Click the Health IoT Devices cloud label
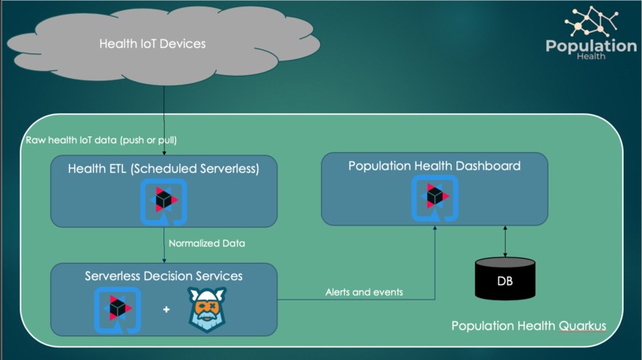[152, 44]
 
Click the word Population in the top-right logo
[591, 46]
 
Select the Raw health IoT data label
[101, 140]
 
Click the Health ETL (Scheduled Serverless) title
[163, 168]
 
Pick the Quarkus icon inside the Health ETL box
[163, 200]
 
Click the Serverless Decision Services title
[163, 276]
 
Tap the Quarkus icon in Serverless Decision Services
[117, 309]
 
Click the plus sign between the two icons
[166, 309]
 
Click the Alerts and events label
[364, 292]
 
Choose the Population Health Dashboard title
[434, 166]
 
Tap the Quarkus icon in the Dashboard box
[435, 198]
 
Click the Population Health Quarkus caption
[529, 327]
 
